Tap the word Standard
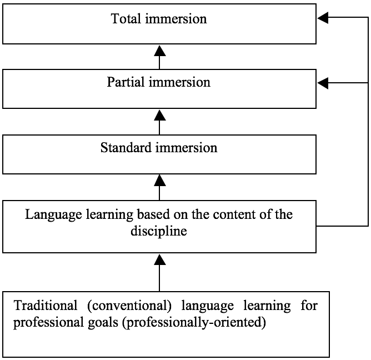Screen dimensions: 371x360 click(126, 147)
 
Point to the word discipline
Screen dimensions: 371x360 click(159, 231)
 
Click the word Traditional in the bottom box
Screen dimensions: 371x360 click(46, 305)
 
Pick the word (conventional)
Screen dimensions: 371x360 click(129, 306)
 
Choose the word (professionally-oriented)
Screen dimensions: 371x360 click(194, 322)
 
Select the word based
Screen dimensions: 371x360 click(153, 214)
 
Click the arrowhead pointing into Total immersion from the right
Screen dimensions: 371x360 click(323, 17)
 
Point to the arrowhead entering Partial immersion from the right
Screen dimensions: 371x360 click(323, 83)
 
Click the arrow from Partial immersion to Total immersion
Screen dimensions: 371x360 click(160, 57)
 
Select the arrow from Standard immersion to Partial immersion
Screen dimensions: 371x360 click(160, 122)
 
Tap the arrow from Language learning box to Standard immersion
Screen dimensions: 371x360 click(160, 187)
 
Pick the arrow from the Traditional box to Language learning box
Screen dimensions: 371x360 click(160, 273)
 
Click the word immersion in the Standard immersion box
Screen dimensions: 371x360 click(186, 147)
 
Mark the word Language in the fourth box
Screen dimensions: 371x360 click(53, 214)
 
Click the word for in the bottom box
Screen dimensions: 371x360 click(309, 305)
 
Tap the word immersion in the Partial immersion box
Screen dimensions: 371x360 click(179, 82)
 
